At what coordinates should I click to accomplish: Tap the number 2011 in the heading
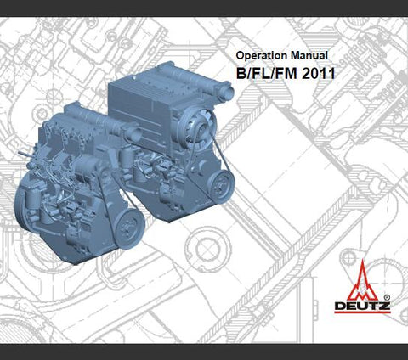319,74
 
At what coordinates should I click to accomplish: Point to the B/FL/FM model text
268,74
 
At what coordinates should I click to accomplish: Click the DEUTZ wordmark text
362,307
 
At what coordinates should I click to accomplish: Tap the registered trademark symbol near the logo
387,297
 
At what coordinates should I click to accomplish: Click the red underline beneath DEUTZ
362,312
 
